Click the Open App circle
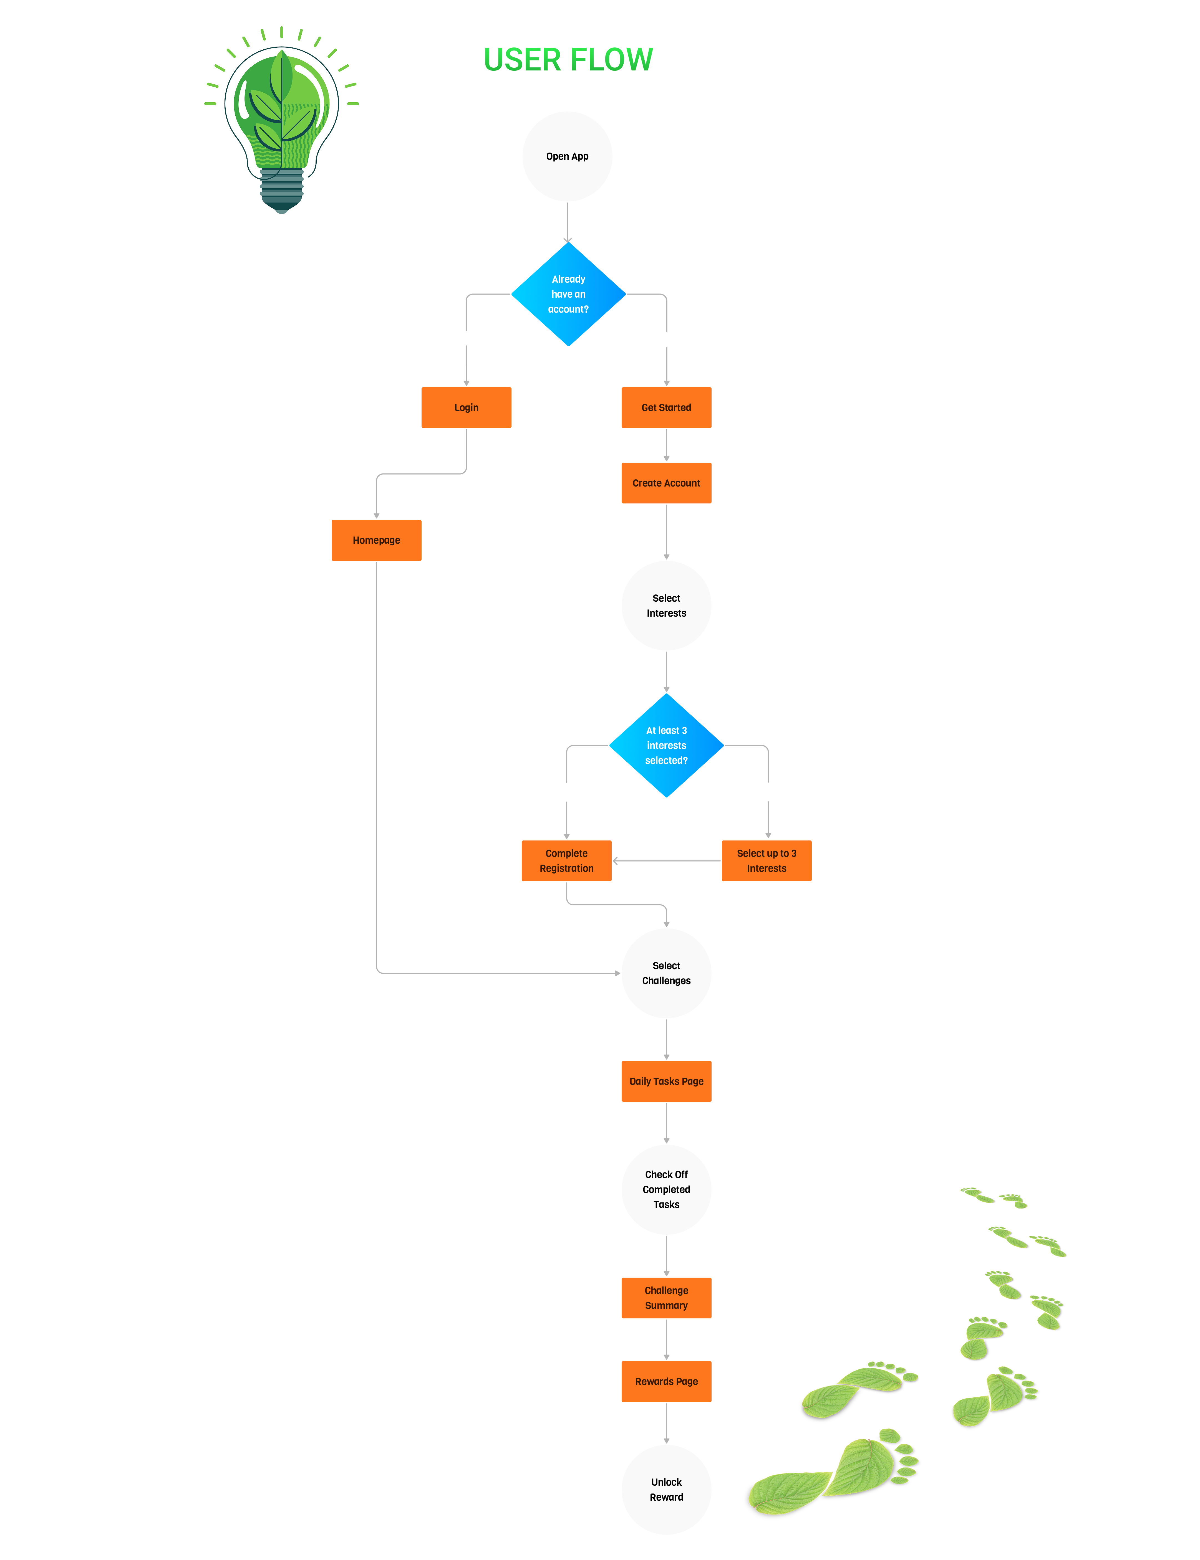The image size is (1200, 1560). point(567,156)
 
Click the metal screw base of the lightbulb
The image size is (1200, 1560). point(281,189)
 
